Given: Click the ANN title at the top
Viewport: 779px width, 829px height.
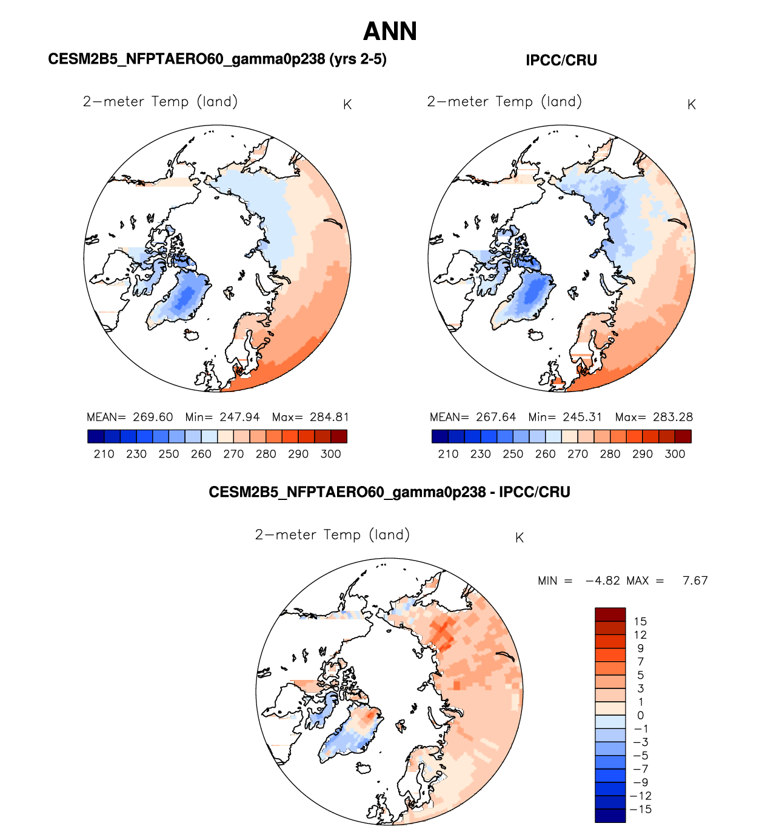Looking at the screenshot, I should pos(390,32).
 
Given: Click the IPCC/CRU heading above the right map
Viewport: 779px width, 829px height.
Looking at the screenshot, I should pos(561,61).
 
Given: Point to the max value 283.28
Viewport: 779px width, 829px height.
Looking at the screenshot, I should pos(672,418).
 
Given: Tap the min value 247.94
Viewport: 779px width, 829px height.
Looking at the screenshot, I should pos(239,418).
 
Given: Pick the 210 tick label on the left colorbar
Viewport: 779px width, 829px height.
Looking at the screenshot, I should pos(104,454).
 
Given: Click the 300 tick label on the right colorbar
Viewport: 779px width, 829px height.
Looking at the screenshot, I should pos(675,454).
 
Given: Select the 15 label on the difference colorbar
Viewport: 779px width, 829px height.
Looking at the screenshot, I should pos(640,621).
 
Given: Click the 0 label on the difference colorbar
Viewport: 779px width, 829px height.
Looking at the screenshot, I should pos(640,716).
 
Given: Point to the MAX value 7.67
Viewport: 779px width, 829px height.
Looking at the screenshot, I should pos(695,581).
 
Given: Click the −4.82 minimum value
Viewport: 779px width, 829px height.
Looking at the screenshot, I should pos(603,581).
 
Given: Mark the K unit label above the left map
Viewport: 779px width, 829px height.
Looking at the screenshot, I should pos(347,105).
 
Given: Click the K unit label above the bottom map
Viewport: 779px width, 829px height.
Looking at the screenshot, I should pos(520,538).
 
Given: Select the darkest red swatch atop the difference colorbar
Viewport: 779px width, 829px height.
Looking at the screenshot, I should pos(610,614).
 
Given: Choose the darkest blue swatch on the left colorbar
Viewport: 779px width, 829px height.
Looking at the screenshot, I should pos(96,436).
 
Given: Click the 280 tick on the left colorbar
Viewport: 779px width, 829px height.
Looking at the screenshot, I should pos(266,454).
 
